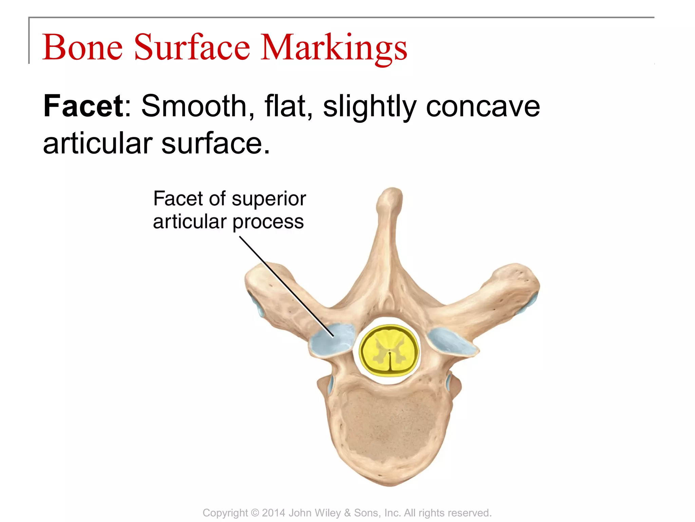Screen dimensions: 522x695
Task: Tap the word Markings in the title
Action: (334, 48)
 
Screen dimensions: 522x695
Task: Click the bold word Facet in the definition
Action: (83, 106)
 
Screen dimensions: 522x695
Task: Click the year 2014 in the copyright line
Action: (274, 513)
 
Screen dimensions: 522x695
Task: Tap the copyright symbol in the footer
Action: (255, 513)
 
